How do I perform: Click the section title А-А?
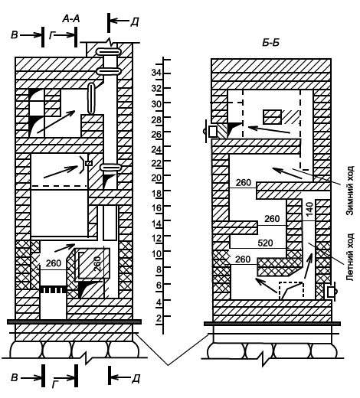71,19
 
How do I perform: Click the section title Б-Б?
270,43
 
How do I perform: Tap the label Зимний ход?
350,191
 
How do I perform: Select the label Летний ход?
350,256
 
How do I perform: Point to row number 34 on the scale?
156,73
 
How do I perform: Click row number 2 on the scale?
159,318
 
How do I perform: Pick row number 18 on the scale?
156,193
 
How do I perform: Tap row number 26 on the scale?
156,134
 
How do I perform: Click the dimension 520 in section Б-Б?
265,243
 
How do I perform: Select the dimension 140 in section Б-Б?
309,209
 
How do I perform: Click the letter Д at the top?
134,22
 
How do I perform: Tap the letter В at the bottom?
15,377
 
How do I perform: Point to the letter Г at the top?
52,36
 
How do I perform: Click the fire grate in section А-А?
53,290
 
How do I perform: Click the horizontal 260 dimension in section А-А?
54,263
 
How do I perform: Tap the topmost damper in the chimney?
108,52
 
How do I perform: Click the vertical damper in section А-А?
91,99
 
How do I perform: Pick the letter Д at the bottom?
136,379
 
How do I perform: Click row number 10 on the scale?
156,253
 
